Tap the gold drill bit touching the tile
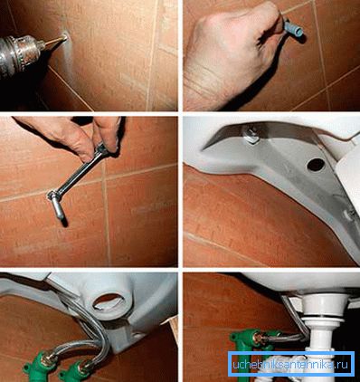[55, 41]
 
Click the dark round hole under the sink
[316, 165]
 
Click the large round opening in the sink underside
[108, 302]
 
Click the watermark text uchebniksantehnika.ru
[291, 365]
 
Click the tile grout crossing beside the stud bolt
[104, 178]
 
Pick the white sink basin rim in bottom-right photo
[301, 282]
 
